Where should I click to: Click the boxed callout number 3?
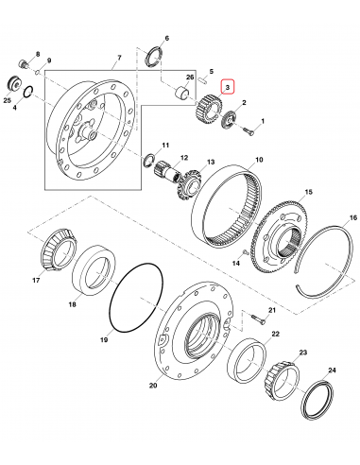[227, 86]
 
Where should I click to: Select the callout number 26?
[189, 77]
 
